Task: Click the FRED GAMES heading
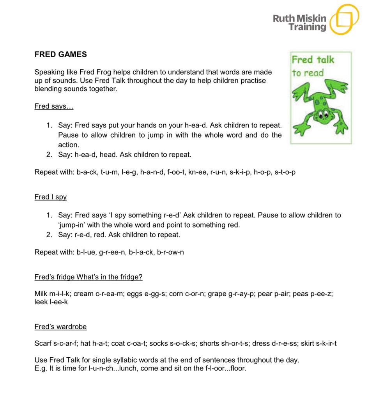60,55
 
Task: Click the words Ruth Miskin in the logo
299,18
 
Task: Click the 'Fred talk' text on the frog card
313,60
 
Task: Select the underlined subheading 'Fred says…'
54,106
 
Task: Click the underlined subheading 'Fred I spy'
50,197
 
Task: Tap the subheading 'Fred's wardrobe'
60,327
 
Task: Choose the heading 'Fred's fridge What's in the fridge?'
88,277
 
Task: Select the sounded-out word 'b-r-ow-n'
170,252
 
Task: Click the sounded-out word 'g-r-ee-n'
113,252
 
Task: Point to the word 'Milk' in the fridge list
41,294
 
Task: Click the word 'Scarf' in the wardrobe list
42,343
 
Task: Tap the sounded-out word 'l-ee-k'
58,302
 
